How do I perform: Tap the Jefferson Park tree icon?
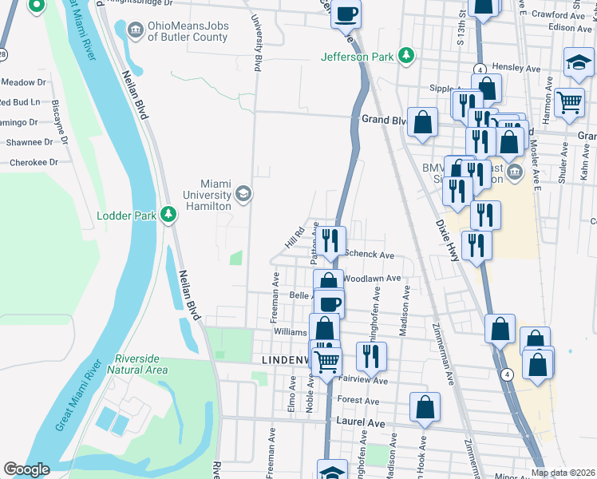408,56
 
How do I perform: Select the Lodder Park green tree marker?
168,215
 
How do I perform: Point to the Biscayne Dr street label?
57,116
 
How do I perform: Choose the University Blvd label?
257,44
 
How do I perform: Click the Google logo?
26,469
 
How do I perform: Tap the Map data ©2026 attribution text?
563,473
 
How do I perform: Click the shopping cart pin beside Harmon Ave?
568,101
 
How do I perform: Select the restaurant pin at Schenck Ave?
332,239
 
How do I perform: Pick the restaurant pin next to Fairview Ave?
371,354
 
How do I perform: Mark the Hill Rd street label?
295,236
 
